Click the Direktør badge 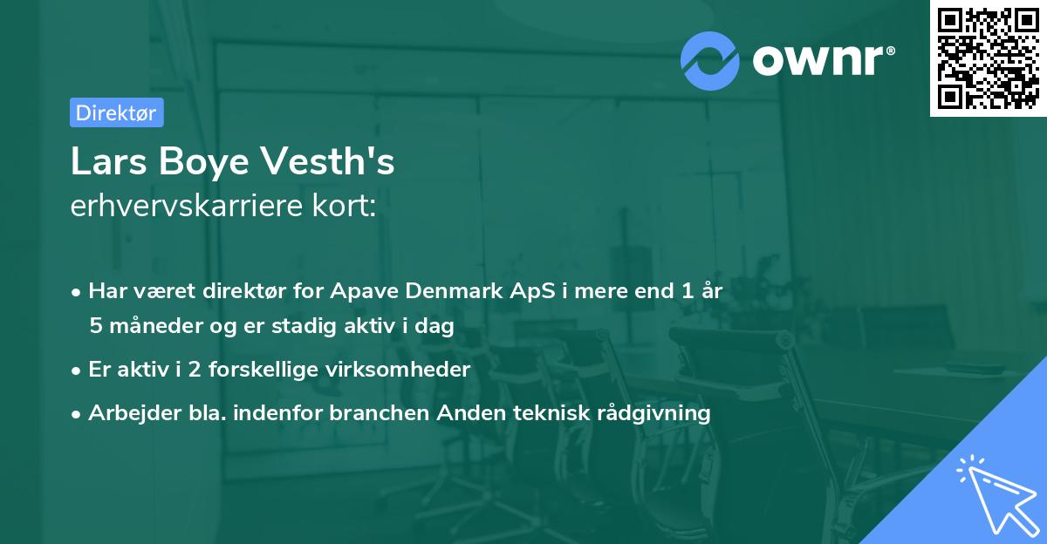[x=116, y=112]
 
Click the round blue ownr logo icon [x=710, y=61]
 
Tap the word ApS [x=531, y=291]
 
